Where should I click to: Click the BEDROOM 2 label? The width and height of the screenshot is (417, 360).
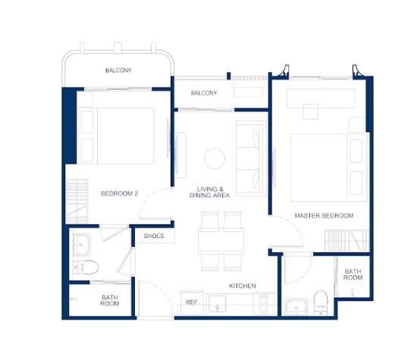point(119,193)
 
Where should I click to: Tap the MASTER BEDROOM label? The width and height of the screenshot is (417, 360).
point(324,216)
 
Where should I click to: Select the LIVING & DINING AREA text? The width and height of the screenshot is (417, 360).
point(209,193)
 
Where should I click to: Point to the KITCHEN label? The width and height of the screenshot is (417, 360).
point(243,286)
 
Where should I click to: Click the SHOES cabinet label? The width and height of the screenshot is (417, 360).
point(154,236)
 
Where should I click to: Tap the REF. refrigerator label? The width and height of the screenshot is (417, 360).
point(192,302)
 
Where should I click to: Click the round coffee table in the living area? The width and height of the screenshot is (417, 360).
point(215,158)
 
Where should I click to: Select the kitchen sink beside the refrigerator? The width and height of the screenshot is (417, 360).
point(218,304)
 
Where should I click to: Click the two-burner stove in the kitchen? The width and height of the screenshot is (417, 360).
point(264,304)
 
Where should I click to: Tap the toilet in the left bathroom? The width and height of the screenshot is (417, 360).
point(86,267)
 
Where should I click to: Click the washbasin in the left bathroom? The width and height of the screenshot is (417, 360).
point(81,245)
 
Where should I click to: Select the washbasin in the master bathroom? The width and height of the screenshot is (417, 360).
point(296,307)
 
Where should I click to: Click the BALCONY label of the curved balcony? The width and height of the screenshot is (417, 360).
point(118,70)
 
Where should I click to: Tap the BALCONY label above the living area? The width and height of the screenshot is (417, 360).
point(204,93)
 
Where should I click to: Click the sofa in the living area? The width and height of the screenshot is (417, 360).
point(251,158)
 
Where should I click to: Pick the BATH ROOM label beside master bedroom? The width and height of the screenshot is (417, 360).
point(353,274)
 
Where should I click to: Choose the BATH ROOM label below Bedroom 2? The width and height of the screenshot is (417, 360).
point(110,300)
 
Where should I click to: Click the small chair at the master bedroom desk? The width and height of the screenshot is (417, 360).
point(310,111)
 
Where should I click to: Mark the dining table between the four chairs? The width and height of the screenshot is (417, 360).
point(221,241)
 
